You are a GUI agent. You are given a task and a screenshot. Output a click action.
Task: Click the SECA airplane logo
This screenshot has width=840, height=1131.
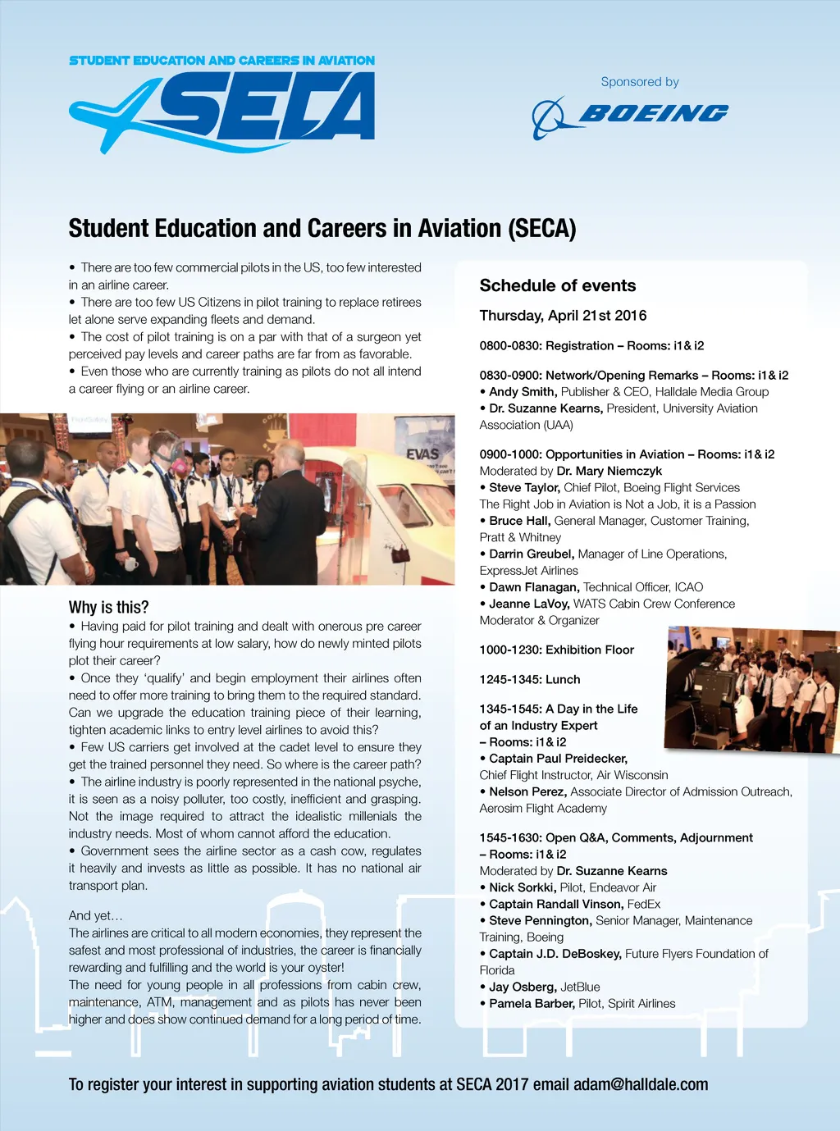221,111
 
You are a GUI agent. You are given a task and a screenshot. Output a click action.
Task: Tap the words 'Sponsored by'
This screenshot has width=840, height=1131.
640,82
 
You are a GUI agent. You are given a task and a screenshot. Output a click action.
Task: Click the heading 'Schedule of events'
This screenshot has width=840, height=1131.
558,285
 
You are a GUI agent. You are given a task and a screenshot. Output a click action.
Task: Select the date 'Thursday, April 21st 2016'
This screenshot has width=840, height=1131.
563,316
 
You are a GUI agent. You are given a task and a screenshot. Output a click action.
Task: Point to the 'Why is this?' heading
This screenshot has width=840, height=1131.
109,607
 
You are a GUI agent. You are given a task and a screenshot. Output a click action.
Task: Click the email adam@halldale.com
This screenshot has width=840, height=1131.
641,1084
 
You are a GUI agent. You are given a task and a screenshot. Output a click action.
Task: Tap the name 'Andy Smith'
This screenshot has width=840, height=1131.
523,392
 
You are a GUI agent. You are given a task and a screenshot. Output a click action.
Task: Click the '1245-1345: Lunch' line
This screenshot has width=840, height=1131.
530,679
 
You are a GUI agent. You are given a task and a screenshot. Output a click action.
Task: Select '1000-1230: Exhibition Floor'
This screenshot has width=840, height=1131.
557,650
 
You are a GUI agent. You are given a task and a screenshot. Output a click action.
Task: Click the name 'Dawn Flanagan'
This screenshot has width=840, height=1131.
534,587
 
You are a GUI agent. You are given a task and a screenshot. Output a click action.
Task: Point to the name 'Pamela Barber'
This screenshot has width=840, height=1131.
532,1004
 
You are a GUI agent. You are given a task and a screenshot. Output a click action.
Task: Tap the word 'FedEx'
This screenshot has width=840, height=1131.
643,904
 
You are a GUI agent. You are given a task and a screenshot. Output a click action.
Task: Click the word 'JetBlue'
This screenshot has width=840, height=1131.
580,987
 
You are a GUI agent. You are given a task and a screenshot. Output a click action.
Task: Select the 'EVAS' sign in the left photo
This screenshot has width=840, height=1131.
422,454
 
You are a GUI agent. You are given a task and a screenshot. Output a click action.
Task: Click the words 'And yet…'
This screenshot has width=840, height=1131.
95,915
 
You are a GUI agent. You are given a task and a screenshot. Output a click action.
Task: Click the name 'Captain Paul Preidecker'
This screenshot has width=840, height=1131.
558,759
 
